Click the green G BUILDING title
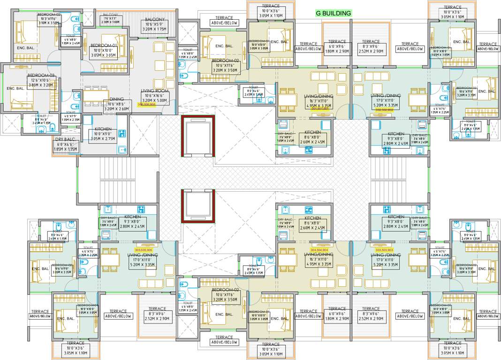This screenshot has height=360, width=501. tap(334, 14)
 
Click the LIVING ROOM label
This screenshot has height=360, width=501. tap(154, 91)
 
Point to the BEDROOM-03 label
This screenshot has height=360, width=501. tap(41, 75)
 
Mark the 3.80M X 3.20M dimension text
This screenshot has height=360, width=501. tap(41, 85)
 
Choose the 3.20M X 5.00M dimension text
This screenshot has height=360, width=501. tap(154, 100)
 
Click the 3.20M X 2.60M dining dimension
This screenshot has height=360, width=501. tap(116, 109)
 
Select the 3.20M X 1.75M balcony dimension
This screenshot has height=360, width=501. tap(154, 29)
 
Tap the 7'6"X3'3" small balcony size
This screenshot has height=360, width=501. tap(111, 18)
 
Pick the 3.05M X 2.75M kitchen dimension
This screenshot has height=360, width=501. tap(103, 139)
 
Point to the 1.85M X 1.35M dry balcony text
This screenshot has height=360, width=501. tap(65, 149)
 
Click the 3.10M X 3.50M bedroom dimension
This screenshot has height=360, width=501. tap(49, 22)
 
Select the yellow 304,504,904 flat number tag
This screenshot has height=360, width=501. tap(319, 250)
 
